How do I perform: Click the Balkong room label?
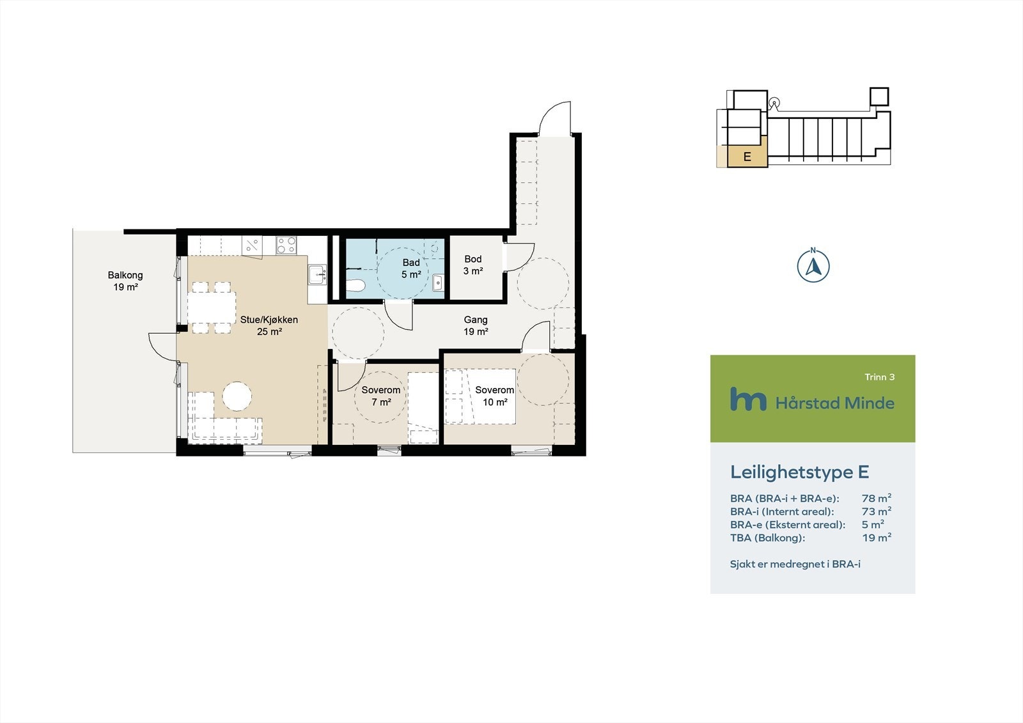tap(125, 281)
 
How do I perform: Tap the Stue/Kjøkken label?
tap(269, 325)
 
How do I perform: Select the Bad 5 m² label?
tap(411, 268)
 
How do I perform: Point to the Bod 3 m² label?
tap(473, 265)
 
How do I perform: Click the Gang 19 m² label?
tap(476, 325)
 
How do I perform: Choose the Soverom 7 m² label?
tap(381, 396)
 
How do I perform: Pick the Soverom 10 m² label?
tap(494, 396)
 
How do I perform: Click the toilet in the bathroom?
tap(355, 286)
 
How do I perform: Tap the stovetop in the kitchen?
tap(286, 245)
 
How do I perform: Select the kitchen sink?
tap(317, 276)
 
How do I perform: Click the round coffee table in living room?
tap(237, 396)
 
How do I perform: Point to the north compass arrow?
tap(813, 266)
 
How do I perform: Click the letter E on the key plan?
tap(747, 157)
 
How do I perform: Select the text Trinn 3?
tap(879, 377)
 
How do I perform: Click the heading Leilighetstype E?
tap(799, 472)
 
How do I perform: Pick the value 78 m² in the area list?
tap(876, 498)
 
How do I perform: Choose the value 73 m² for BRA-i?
tap(876, 511)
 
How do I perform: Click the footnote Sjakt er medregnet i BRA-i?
tap(795, 564)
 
